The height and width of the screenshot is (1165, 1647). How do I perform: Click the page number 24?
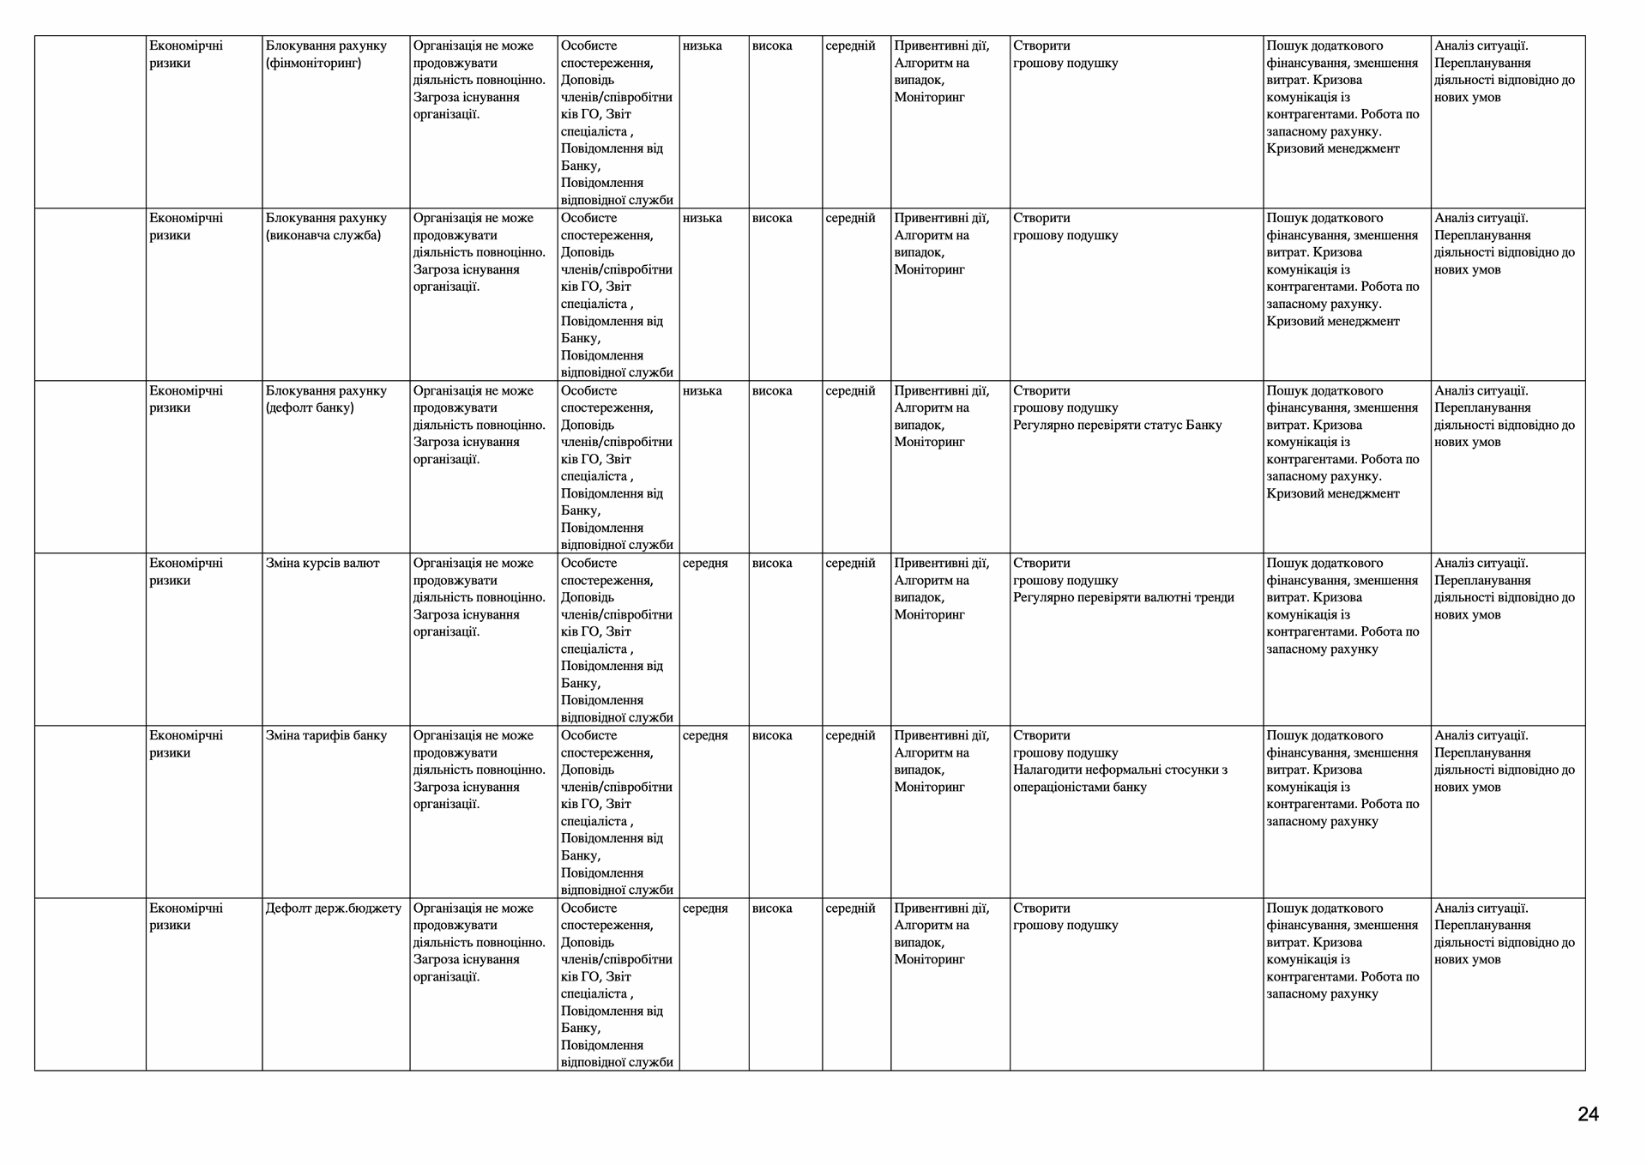1588,1114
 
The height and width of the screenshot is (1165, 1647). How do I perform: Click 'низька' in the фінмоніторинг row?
703,46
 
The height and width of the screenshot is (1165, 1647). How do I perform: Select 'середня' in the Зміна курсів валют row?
705,564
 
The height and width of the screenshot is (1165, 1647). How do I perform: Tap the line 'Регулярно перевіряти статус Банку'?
1117,426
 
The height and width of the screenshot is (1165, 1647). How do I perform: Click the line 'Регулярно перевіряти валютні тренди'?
1123,598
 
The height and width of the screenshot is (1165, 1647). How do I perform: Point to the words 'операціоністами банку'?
1079,788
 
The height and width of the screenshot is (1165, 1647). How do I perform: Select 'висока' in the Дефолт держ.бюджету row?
772,908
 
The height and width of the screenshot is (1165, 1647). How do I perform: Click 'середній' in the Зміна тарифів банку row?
850,736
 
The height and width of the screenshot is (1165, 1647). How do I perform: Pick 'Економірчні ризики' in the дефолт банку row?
186,399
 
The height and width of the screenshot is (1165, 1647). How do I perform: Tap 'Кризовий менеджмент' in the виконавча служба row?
1332,322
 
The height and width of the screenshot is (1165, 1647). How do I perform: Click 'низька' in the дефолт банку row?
703,391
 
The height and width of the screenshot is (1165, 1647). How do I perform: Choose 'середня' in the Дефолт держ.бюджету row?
705,908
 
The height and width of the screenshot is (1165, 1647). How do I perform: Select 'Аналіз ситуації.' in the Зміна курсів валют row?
1481,564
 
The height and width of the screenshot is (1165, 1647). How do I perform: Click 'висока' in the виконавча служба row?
772,219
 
